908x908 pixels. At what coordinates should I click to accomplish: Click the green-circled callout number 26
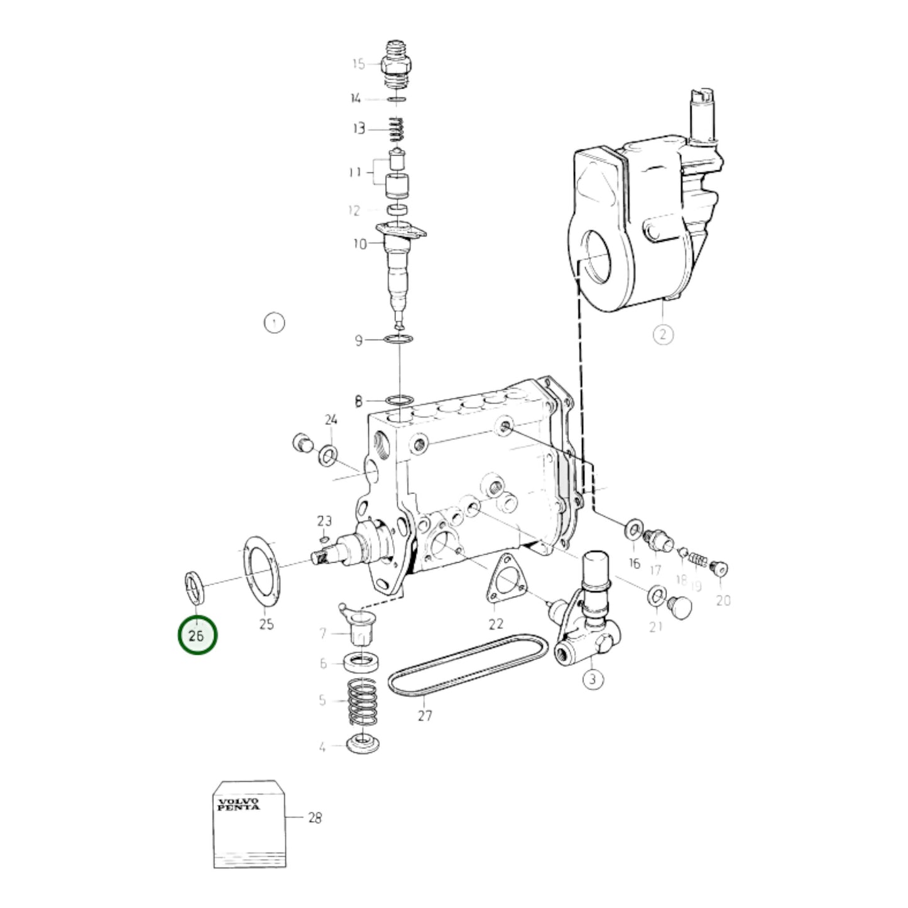coord(197,635)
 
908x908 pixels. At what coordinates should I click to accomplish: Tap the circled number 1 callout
coord(274,323)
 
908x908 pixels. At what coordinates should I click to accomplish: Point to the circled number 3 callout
coord(593,679)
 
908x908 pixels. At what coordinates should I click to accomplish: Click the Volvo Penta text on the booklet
coord(238,804)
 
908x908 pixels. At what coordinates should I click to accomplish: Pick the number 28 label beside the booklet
coord(314,818)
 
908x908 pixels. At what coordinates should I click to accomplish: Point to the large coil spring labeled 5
coord(363,703)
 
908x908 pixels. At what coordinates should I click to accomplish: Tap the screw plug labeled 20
coord(719,569)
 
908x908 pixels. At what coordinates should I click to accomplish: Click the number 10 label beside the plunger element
coord(359,244)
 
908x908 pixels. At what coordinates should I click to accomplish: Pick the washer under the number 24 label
coord(327,456)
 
